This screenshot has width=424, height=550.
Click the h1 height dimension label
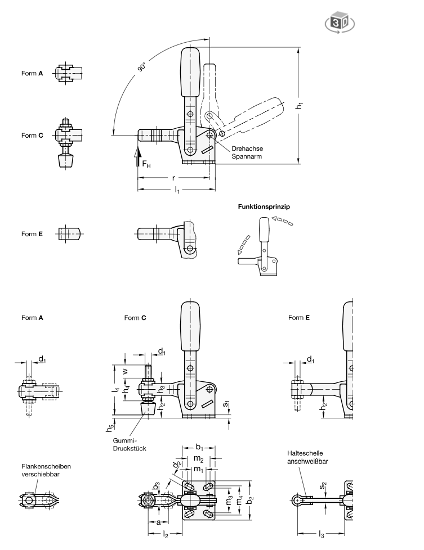[306, 104]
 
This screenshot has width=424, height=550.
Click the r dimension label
[174, 178]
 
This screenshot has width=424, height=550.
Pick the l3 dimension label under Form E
[320, 532]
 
